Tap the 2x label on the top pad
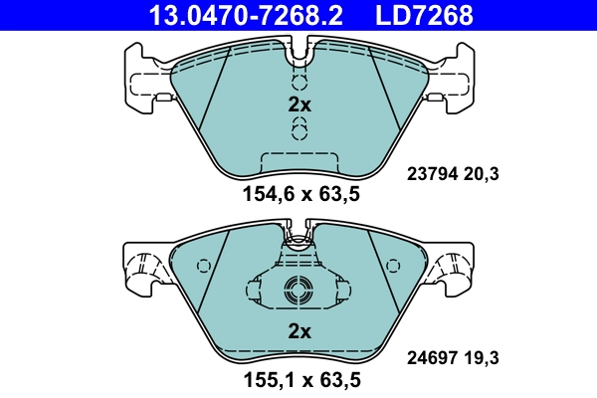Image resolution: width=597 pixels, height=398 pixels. [299, 104]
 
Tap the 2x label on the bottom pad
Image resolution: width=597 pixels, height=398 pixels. [299, 331]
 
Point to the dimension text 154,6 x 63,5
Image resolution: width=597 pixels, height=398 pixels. [299, 195]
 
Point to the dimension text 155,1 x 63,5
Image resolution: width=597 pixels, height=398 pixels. [299, 379]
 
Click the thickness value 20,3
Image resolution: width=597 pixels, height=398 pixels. [482, 174]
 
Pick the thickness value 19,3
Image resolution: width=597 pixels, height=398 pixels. [482, 355]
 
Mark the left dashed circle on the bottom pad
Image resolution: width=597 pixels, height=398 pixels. [206, 267]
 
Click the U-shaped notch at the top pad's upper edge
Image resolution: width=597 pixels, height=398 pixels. [299, 46]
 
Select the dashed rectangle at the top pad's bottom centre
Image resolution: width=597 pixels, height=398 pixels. [299, 162]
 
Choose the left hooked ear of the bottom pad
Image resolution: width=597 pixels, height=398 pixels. [145, 266]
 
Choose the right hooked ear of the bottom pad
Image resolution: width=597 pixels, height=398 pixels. [454, 266]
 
